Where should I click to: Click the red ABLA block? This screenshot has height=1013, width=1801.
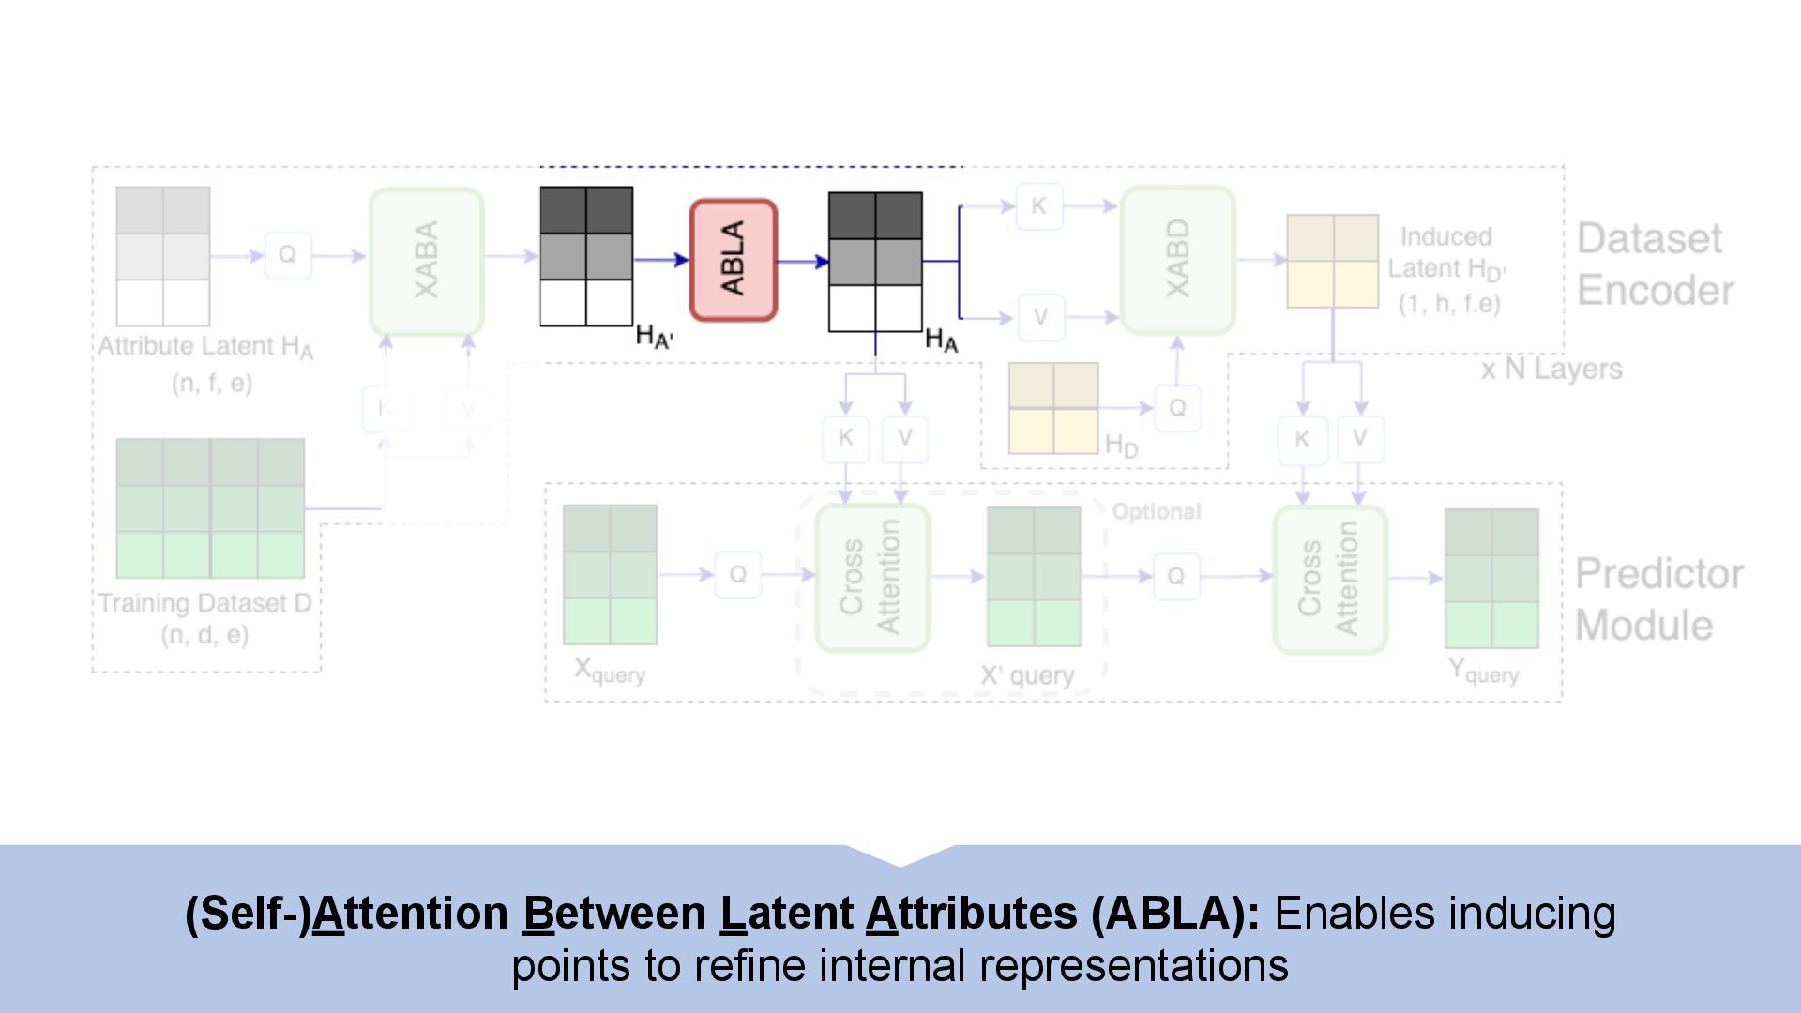pyautogui.click(x=734, y=260)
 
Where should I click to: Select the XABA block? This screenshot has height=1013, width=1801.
pyautogui.click(x=426, y=260)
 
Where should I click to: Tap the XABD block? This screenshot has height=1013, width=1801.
pyautogui.click(x=1177, y=260)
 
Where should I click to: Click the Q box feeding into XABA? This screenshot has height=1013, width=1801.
pyautogui.click(x=287, y=255)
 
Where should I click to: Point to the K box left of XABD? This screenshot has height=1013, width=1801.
pyautogui.click(x=1038, y=206)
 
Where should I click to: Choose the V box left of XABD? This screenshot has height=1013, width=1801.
pyautogui.click(x=1039, y=317)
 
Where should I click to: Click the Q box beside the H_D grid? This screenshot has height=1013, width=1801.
pyautogui.click(x=1177, y=408)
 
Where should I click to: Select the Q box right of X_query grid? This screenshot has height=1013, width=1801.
pyautogui.click(x=738, y=574)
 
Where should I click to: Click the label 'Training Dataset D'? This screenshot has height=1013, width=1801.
pyautogui.click(x=205, y=603)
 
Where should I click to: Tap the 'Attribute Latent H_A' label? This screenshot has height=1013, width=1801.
pyautogui.click(x=205, y=347)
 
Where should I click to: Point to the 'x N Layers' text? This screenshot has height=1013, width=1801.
pyautogui.click(x=1551, y=369)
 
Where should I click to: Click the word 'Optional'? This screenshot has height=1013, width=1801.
pyautogui.click(x=1156, y=511)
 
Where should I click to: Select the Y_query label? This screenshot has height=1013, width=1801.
pyautogui.click(x=1483, y=672)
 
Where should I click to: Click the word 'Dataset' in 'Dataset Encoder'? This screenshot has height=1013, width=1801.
pyautogui.click(x=1649, y=239)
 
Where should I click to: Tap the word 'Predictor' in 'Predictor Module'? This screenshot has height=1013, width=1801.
pyautogui.click(x=1658, y=574)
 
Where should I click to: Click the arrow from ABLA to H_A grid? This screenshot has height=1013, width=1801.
pyautogui.click(x=803, y=261)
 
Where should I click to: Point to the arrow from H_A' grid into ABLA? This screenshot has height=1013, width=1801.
pyautogui.click(x=662, y=260)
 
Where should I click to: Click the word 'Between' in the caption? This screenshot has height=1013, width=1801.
pyautogui.click(x=614, y=914)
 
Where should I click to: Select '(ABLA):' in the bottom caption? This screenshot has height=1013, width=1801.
pyautogui.click(x=1175, y=914)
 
